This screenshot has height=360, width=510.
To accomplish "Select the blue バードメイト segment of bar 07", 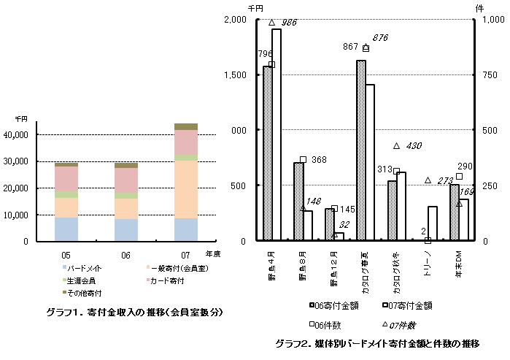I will pyautogui.click(x=186, y=229).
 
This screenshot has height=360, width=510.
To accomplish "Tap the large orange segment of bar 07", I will pyautogui.click(x=186, y=189).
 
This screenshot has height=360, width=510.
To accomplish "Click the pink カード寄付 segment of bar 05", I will pyautogui.click(x=66, y=179).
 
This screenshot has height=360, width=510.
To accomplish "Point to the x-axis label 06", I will pyautogui.click(x=125, y=254).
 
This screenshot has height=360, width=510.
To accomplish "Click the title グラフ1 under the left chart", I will pyautogui.click(x=134, y=313).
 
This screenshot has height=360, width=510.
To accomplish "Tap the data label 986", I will pyautogui.click(x=289, y=23).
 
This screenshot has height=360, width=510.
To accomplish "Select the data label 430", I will pyautogui.click(x=413, y=146).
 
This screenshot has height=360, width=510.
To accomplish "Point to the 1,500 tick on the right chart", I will pyautogui.click(x=238, y=75).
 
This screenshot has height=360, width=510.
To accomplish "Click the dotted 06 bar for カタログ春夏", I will pyautogui.click(x=360, y=150).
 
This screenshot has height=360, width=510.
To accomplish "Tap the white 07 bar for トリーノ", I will pyautogui.click(x=433, y=223).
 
